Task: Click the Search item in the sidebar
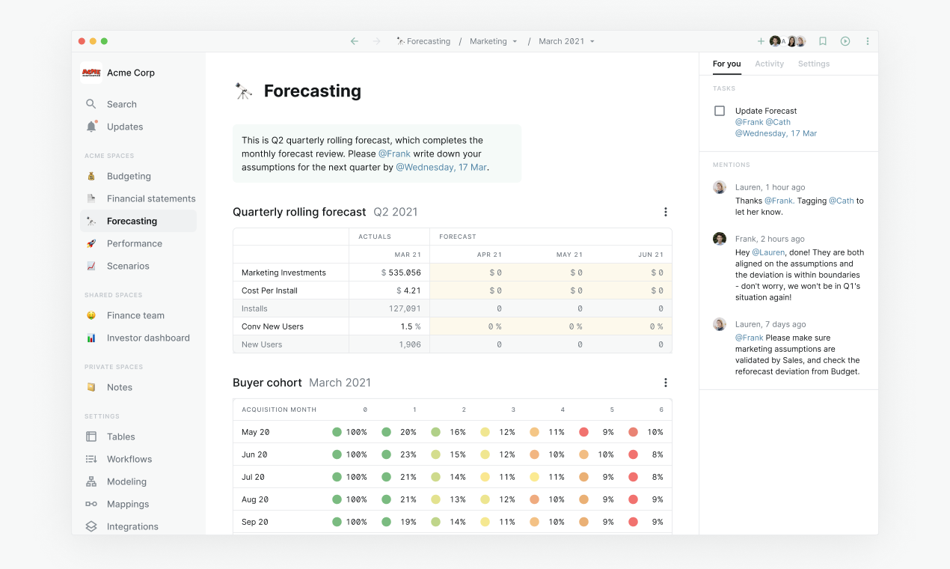[121, 104]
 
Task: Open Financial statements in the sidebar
[150, 198]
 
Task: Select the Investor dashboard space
[147, 338]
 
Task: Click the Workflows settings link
[129, 459]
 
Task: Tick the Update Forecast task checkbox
[720, 111]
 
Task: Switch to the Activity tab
[769, 64]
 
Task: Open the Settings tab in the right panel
[813, 64]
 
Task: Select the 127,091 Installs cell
[405, 308]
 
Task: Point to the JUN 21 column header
[650, 255]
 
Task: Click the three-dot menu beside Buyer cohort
[666, 383]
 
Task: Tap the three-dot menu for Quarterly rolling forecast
[666, 212]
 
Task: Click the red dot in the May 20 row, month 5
[583, 432]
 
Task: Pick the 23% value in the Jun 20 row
[408, 454]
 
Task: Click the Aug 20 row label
[255, 499]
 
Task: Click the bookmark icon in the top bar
[823, 41]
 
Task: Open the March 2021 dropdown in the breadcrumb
[566, 41]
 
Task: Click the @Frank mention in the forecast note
[394, 153]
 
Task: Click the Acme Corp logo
[91, 73]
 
